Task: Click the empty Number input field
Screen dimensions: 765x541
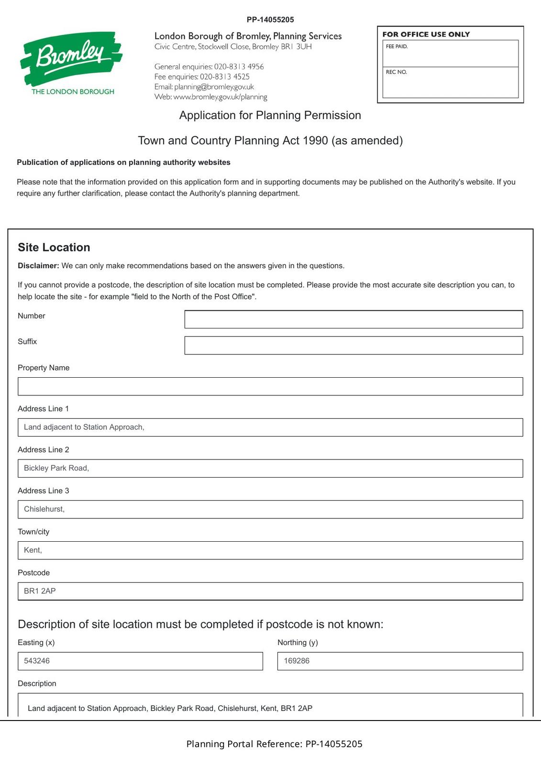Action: (x=353, y=319)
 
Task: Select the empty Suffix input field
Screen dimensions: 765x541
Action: (x=353, y=345)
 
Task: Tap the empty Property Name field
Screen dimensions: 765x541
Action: (x=270, y=386)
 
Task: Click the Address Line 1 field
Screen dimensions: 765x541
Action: (x=270, y=427)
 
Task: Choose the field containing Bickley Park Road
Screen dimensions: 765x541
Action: (x=270, y=468)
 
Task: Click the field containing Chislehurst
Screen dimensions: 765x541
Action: (x=270, y=509)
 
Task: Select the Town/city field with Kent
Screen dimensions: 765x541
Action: (x=270, y=550)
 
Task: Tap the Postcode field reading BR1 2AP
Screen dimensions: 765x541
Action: (x=270, y=591)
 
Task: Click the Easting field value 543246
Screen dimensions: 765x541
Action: (x=140, y=661)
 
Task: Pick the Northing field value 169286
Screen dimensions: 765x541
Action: (x=400, y=661)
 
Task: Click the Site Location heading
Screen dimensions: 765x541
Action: (x=54, y=247)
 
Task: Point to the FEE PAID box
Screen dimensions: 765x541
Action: (x=450, y=54)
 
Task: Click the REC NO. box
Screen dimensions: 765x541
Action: (x=450, y=82)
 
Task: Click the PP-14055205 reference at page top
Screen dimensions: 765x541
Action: (x=270, y=20)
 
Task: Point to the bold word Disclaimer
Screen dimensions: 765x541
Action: (x=38, y=266)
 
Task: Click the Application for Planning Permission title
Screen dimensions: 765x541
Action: (x=270, y=115)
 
